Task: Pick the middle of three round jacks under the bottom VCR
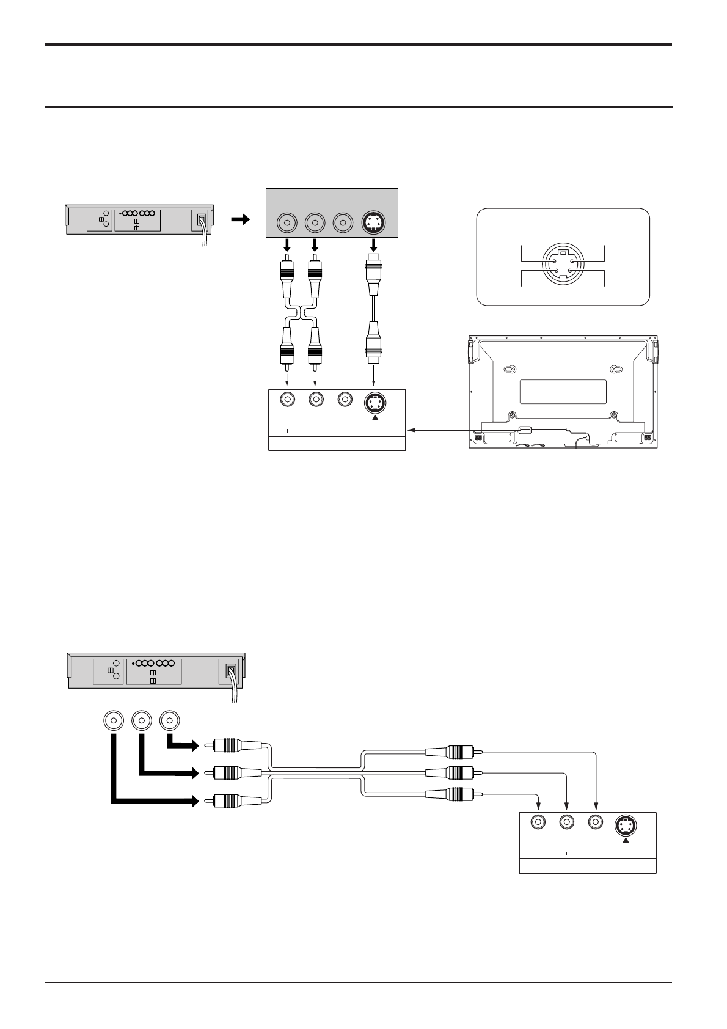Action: [x=142, y=721]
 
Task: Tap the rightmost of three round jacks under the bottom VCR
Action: [x=169, y=721]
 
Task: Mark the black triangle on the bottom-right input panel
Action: [x=626, y=840]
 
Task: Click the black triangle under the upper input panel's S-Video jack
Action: [x=375, y=417]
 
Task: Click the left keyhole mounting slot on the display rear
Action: [x=511, y=369]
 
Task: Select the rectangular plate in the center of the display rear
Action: [x=563, y=391]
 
